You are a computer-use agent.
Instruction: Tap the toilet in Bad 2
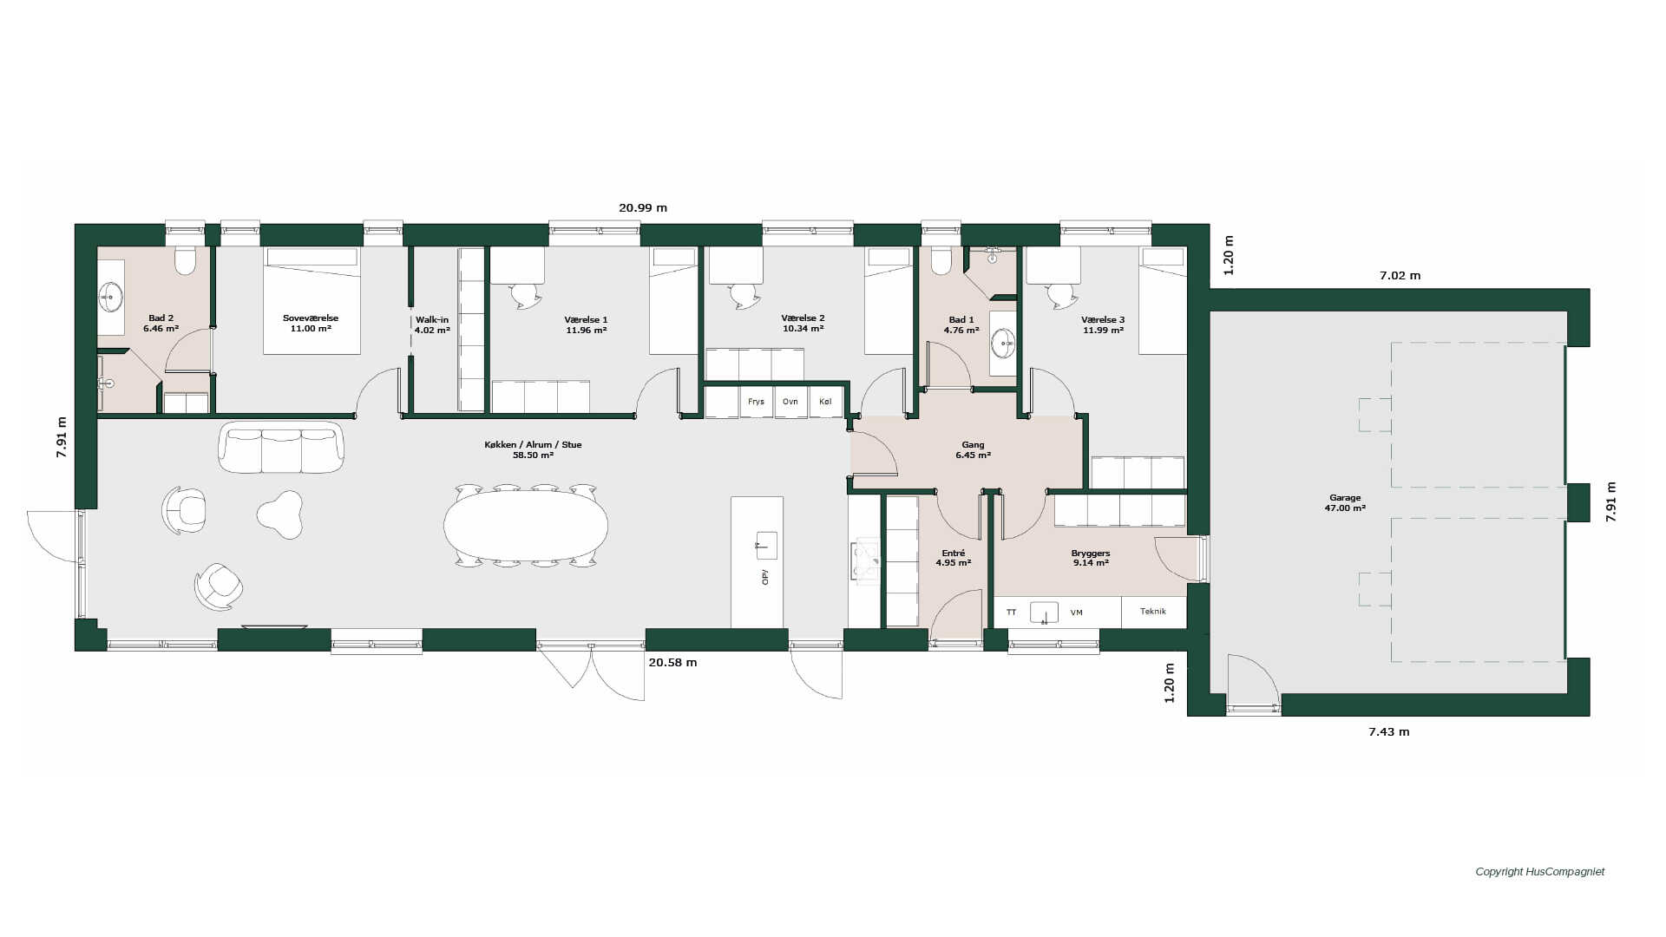pos(185,260)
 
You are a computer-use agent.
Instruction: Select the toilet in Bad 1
pos(941,260)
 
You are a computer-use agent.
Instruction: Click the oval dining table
pos(526,526)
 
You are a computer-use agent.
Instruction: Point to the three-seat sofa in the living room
pos(281,447)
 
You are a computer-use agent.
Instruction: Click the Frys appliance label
pos(756,402)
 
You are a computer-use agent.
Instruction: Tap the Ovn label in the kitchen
pos(790,402)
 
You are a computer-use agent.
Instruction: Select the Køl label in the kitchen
pos(824,402)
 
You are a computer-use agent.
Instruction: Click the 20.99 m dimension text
pos(643,208)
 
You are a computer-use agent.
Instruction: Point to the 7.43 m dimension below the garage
pos(1389,732)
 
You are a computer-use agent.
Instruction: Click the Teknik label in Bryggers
pos(1153,612)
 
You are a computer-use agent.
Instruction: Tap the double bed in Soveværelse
pos(312,300)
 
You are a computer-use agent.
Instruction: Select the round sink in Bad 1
pos(1004,342)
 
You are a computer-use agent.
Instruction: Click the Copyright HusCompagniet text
pos(1540,872)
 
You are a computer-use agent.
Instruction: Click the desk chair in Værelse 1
pos(526,296)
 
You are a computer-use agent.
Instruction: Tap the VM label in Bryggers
pos(1077,613)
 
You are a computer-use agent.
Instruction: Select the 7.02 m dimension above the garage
pos(1400,276)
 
